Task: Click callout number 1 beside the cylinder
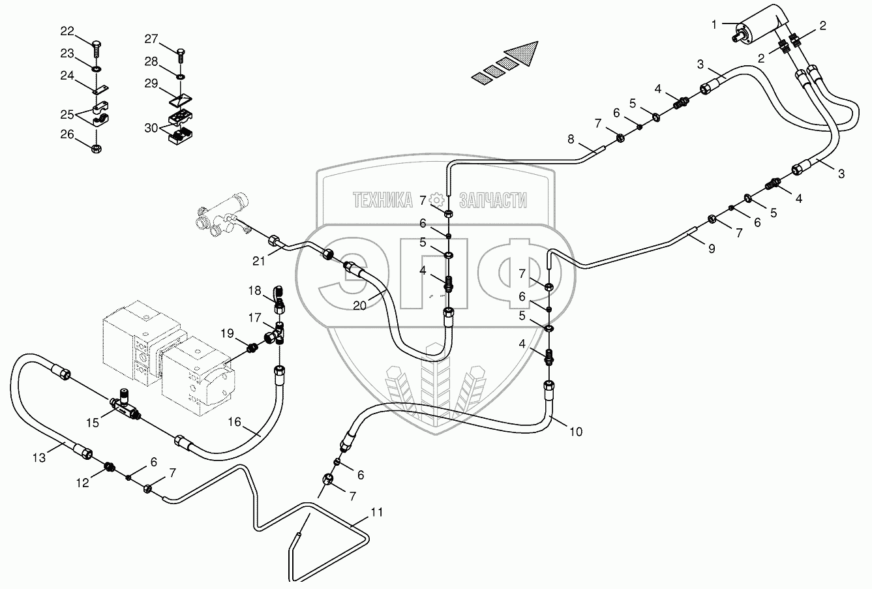(x=714, y=25)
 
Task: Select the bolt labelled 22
(x=97, y=50)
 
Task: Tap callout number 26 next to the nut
(x=67, y=134)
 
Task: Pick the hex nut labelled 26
(x=96, y=148)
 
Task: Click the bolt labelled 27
(x=181, y=56)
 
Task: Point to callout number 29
(x=151, y=83)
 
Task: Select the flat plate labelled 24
(x=101, y=89)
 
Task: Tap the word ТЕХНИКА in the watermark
(x=382, y=200)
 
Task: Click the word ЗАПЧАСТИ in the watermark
(x=493, y=200)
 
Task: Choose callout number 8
(x=571, y=139)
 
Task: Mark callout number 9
(x=712, y=249)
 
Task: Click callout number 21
(x=258, y=261)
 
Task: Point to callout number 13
(x=39, y=458)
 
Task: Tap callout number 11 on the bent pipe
(x=377, y=512)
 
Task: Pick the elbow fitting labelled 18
(x=279, y=300)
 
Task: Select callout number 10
(x=576, y=431)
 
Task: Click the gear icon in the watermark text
(x=436, y=200)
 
